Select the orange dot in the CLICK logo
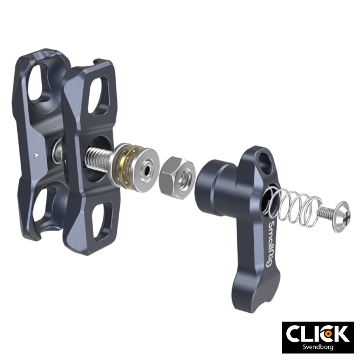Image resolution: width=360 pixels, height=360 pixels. pyautogui.click(x=326, y=334)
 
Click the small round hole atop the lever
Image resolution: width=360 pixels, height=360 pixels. pyautogui.click(x=267, y=159)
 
